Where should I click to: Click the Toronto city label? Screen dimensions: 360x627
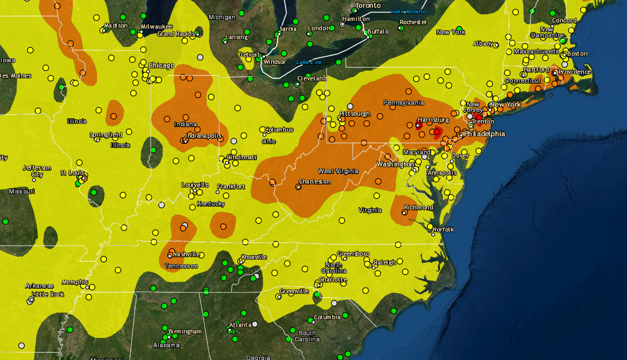[368, 6]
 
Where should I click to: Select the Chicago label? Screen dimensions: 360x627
[161, 66]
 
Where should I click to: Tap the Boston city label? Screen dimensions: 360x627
[577, 53]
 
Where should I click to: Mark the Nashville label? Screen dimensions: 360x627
[186, 254]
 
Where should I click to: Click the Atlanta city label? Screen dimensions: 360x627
[240, 325]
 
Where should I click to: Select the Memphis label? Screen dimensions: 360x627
[74, 282]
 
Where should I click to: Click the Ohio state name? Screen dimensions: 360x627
[269, 141]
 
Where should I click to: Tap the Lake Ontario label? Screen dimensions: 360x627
[408, 12]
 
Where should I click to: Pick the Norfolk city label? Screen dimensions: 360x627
[443, 229]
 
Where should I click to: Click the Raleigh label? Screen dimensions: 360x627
[384, 262]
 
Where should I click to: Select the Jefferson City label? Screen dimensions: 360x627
[37, 171]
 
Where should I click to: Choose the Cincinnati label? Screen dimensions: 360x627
[242, 157]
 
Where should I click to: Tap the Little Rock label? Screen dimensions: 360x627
[48, 294]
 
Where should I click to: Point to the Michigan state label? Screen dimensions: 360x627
[222, 18]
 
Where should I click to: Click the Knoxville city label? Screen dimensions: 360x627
[254, 257]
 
